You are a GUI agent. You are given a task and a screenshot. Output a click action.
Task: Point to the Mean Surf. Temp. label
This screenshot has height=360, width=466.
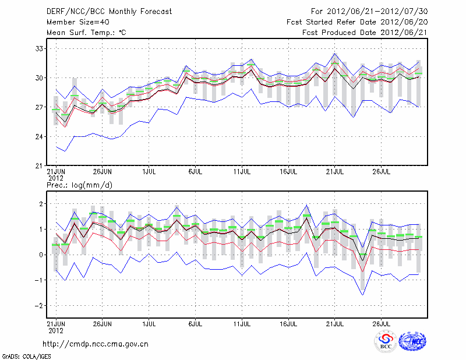[86, 32]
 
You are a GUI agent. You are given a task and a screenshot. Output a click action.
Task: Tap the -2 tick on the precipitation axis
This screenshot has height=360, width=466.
[40, 306]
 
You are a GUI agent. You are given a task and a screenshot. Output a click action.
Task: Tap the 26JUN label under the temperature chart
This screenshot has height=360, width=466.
[102, 172]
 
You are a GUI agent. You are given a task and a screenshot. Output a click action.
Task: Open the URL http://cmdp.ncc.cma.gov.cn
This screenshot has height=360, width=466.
[96, 344]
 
